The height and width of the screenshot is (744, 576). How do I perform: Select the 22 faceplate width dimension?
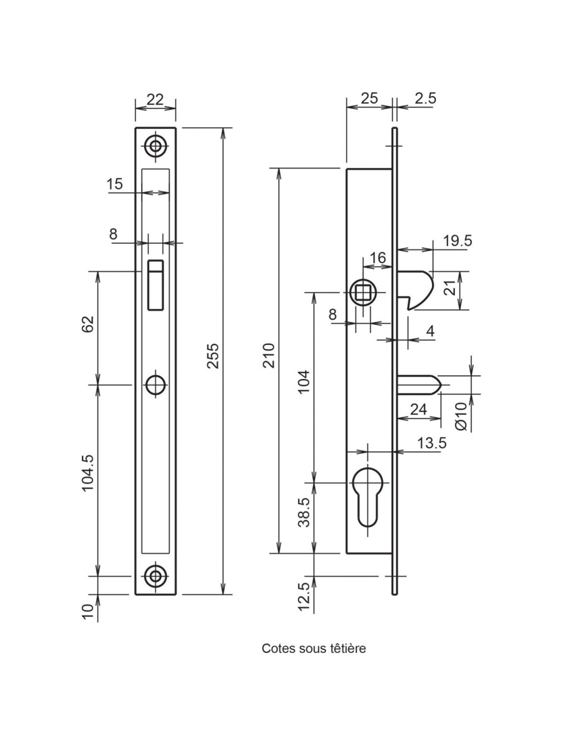155,99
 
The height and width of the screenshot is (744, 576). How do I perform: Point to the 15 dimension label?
115,184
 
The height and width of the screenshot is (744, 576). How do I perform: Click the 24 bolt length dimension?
419,409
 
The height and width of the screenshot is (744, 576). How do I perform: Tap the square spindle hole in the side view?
363,293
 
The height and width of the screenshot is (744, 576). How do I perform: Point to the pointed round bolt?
419,385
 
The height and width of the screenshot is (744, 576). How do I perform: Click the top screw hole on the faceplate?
156,146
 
